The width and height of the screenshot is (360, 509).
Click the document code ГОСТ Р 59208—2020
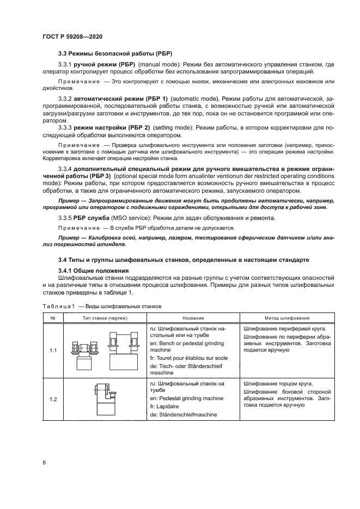(72, 36)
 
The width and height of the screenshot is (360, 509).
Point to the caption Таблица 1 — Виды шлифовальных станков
(101, 306)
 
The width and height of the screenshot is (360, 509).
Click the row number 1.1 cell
(53, 351)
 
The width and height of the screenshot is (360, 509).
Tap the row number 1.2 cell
(53, 399)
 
